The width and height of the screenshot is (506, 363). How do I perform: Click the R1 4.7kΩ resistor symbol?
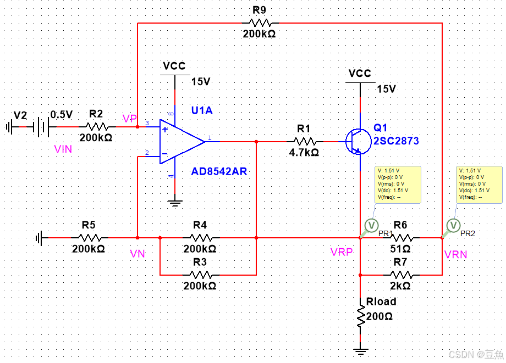[x=305, y=142]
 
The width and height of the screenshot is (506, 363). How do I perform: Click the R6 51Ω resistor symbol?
[x=401, y=238]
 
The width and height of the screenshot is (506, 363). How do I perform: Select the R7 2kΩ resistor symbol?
[x=401, y=274]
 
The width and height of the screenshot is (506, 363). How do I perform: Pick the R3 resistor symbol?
[x=201, y=274]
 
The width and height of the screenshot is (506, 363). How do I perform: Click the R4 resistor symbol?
[x=201, y=238]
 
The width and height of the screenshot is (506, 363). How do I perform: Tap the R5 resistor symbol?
[x=89, y=238]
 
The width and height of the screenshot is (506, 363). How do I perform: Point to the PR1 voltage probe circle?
[x=371, y=225]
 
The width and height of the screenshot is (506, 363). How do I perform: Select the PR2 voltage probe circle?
[x=453, y=225]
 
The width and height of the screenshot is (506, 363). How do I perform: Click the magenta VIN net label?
[x=63, y=149]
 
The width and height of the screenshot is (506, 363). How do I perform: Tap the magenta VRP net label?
[x=342, y=252]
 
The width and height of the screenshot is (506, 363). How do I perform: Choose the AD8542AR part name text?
[x=219, y=171]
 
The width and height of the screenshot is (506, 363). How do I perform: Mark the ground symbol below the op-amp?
[x=175, y=203]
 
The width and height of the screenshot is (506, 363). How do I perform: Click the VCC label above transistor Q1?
[x=360, y=74]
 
